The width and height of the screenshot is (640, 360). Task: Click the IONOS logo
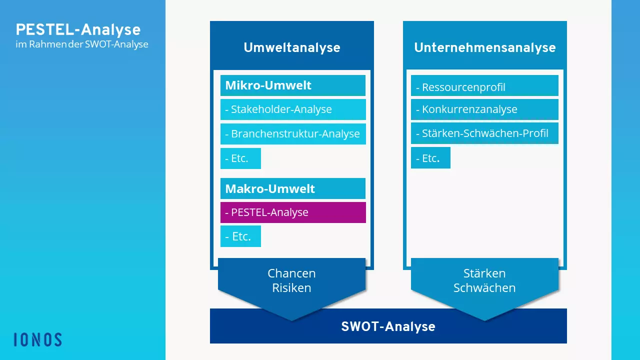click(x=38, y=339)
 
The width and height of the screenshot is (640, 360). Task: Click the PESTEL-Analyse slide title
click(x=78, y=29)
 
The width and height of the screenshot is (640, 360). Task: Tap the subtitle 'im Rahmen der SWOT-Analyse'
click(x=82, y=44)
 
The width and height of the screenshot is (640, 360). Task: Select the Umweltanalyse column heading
click(x=291, y=47)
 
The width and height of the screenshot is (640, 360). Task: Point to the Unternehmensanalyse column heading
click(x=484, y=47)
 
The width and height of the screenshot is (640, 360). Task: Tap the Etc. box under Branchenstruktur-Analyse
click(x=240, y=158)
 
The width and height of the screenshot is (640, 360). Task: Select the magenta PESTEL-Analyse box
click(x=292, y=212)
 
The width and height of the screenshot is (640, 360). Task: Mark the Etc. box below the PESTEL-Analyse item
click(x=240, y=236)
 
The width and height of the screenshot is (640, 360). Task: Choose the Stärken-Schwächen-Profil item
click(x=484, y=133)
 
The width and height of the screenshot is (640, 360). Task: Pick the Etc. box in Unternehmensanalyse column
click(x=430, y=158)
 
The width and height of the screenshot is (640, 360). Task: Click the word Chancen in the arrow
click(x=291, y=273)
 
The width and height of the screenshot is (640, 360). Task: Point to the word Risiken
click(x=291, y=288)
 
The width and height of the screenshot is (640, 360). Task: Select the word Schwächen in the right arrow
click(x=484, y=288)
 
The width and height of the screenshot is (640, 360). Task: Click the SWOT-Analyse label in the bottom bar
click(x=388, y=326)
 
